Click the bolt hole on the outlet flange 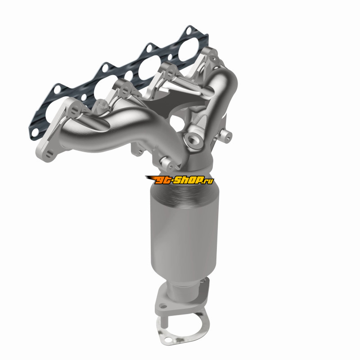click(163, 306)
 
